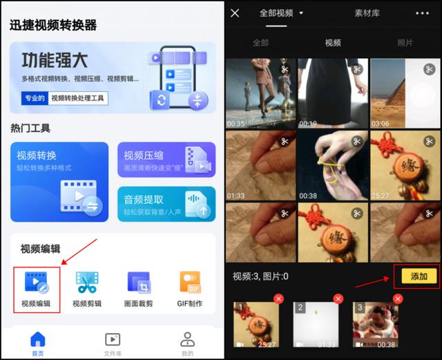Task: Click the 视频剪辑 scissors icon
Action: point(87,283)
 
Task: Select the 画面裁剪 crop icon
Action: point(139,283)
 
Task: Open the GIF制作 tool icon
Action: point(190,283)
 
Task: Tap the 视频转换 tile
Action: point(59,182)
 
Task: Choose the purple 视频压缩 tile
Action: point(166,160)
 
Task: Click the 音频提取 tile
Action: point(166,204)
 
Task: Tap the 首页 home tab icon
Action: point(38,339)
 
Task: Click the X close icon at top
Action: point(235,13)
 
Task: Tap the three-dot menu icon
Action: point(422,13)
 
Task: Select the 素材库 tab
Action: point(367,13)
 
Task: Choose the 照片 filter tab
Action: point(405,43)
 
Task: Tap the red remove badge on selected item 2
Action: point(338,299)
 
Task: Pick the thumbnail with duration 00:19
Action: point(333,93)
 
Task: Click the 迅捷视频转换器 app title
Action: point(53,26)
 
